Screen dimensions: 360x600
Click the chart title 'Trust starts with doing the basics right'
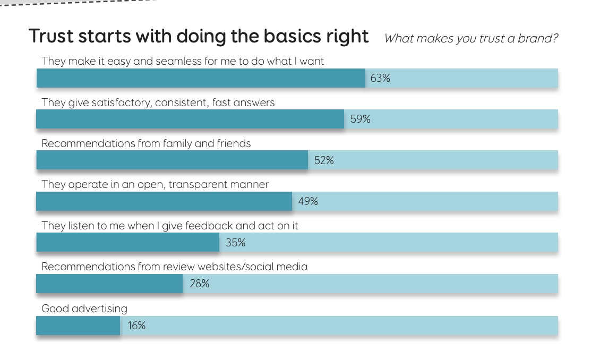[x=199, y=37]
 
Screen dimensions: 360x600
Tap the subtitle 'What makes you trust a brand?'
[x=471, y=38]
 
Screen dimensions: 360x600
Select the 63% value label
[x=380, y=79]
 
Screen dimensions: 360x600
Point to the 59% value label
[x=360, y=119]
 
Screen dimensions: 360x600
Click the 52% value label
[x=324, y=160]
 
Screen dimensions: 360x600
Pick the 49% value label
[x=308, y=202]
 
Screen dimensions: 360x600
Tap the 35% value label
[x=235, y=243]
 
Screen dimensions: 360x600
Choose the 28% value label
[x=199, y=284]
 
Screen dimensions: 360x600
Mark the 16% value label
[x=136, y=325]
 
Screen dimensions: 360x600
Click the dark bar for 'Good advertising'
[x=78, y=325]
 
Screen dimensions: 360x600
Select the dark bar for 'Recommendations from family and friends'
[x=172, y=160]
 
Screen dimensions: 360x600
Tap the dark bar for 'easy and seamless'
[x=201, y=79]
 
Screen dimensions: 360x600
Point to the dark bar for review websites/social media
[x=109, y=284]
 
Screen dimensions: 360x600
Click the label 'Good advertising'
[x=84, y=308]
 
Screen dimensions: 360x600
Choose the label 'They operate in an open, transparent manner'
[x=155, y=185]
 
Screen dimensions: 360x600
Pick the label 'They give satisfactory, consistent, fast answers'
[x=158, y=102]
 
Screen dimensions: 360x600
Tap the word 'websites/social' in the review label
[x=233, y=267]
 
